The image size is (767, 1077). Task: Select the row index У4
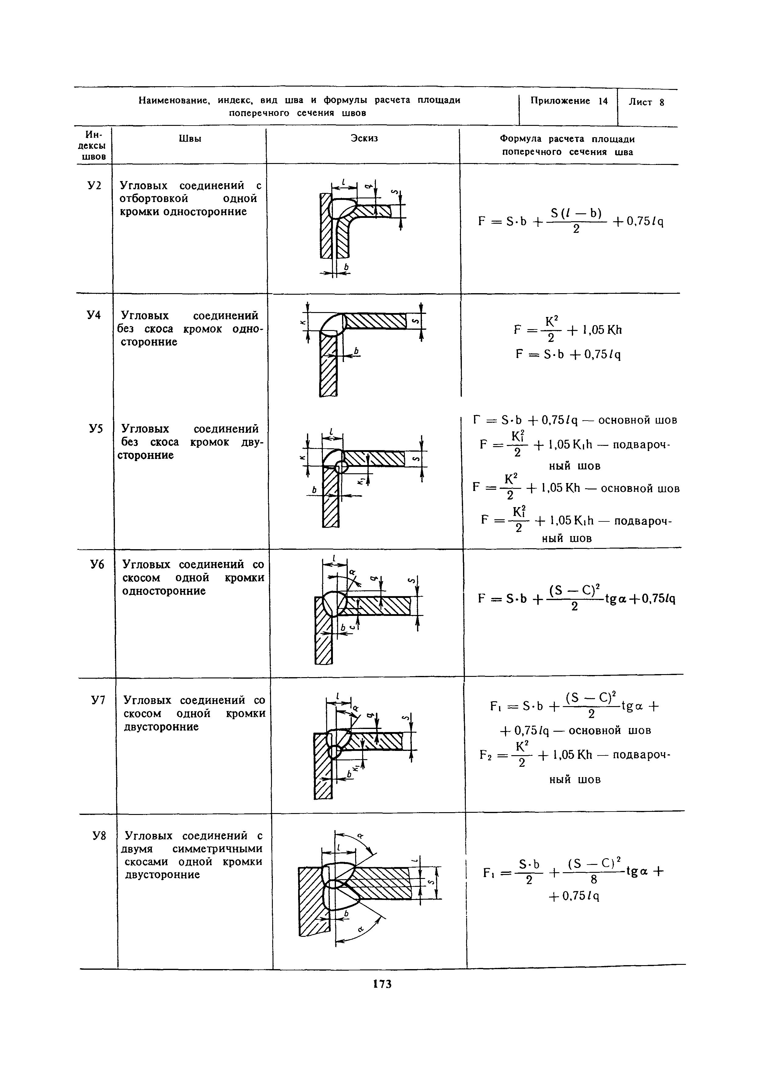[95, 315]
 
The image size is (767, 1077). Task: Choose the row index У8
[98, 836]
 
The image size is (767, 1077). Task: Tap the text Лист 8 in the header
[646, 102]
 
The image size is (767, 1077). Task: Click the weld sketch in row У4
[364, 349]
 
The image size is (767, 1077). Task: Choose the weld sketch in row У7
[364, 746]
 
